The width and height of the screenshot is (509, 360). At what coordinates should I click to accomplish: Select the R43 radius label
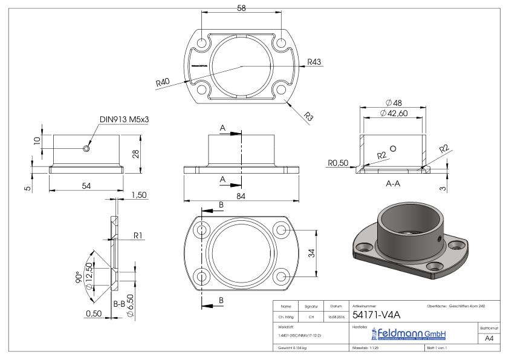(314, 62)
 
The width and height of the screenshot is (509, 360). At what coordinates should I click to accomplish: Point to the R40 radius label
(162, 82)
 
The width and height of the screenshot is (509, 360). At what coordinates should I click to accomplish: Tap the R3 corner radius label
(309, 116)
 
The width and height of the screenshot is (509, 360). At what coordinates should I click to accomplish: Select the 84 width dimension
(241, 195)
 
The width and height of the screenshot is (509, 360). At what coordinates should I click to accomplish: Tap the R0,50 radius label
(336, 162)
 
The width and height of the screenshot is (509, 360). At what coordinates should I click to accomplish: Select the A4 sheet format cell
(488, 339)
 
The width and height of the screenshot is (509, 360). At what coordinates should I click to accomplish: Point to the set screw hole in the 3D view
(438, 238)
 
